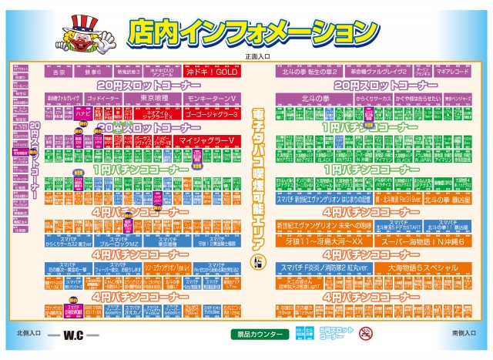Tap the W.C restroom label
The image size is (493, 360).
click(x=74, y=336)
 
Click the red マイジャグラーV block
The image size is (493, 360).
click(x=206, y=140)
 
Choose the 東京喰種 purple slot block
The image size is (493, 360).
click(x=155, y=99)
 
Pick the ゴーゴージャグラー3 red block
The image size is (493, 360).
click(x=212, y=113)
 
